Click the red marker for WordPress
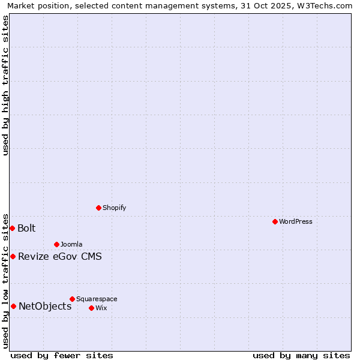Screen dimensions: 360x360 275,221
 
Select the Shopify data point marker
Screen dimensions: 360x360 98,208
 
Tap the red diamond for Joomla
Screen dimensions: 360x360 56,244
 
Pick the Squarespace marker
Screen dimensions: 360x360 72,299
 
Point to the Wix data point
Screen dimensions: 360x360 91,308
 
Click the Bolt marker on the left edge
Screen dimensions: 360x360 12,228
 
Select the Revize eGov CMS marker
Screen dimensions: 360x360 13,256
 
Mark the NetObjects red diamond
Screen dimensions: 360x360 13,306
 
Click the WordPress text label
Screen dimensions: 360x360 296,221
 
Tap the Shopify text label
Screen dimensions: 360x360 114,208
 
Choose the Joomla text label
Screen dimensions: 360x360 71,244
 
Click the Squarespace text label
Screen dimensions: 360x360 97,299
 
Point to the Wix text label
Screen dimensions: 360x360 101,308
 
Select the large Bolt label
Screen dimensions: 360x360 26,228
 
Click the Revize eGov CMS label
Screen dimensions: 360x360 60,257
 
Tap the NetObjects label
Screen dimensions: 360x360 45,307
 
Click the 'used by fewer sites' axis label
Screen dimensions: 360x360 62,355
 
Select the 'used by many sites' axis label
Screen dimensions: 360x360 301,355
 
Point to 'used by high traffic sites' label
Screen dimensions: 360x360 5,85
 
